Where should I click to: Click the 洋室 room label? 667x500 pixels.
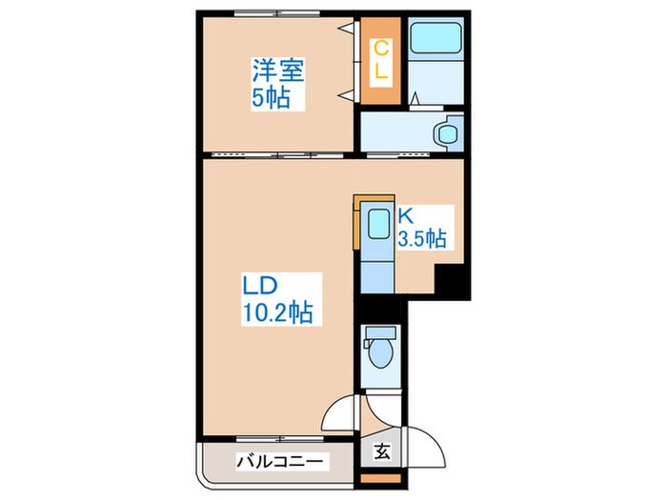point(276,70)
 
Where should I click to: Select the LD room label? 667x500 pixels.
point(258,285)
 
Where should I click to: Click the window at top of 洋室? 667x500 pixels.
point(278,14)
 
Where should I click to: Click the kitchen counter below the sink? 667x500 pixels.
point(377,271)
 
